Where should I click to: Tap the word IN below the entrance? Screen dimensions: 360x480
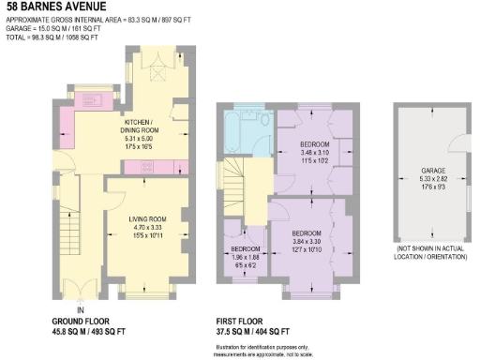(x=82, y=310)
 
